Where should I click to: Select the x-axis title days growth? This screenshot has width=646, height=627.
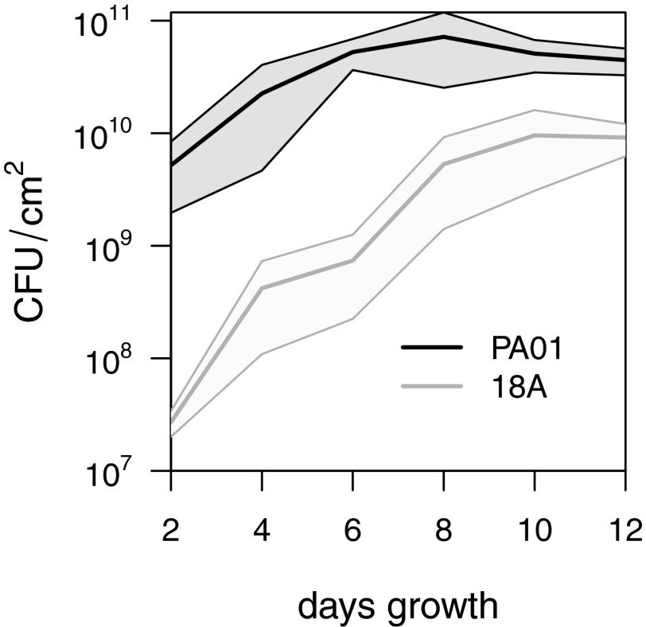point(398,606)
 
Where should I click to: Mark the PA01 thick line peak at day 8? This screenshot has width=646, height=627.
point(443,37)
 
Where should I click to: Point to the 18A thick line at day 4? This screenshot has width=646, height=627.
point(262,288)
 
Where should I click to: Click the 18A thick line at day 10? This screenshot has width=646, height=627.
point(534,135)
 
